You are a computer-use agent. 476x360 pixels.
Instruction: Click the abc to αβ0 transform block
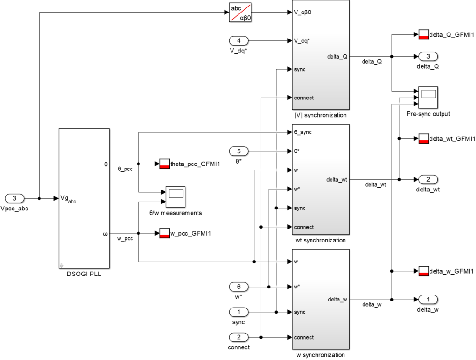tap(240, 12)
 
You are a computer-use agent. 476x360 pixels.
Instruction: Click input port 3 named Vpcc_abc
tap(14, 198)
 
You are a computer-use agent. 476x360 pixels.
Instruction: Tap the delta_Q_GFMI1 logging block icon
tap(423, 34)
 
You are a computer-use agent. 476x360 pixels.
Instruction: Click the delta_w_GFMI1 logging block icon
tap(423, 271)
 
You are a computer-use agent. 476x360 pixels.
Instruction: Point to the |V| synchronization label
tap(321, 115)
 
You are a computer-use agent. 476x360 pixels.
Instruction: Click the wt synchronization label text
tap(321, 241)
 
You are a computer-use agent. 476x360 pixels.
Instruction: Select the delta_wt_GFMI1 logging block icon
tap(423, 138)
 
